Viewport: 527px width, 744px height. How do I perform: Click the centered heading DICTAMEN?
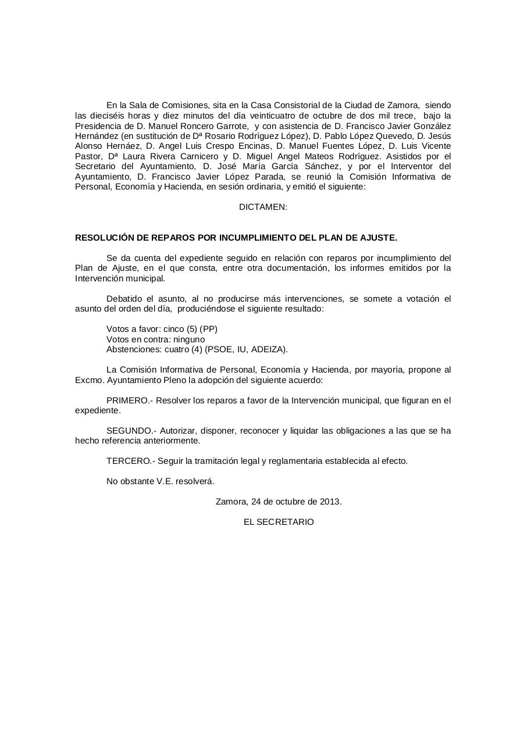[x=263, y=207]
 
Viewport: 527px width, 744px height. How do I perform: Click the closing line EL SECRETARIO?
[x=279, y=522]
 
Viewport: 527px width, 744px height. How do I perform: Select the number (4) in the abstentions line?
[x=196, y=349]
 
